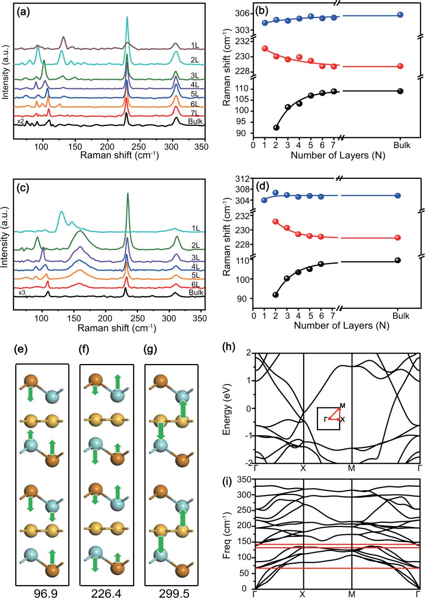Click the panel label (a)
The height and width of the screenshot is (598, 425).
tap(23, 13)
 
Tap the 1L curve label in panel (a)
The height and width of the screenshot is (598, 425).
tap(195, 45)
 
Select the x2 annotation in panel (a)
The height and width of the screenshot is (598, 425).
tap(20, 121)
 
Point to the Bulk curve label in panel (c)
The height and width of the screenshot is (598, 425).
tap(196, 292)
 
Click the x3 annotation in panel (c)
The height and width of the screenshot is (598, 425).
tap(22, 293)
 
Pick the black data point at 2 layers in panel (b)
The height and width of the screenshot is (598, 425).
tap(276, 128)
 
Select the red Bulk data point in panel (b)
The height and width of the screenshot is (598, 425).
tap(400, 66)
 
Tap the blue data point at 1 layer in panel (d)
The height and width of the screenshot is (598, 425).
tap(264, 200)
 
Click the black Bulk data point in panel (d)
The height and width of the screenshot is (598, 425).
tap(397, 260)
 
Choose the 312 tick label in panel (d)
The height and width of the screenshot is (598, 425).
tap(243, 179)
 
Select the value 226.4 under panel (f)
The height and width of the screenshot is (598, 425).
tap(106, 593)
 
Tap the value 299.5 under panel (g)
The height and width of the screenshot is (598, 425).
tap(174, 593)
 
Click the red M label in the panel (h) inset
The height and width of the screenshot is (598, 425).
tap(343, 406)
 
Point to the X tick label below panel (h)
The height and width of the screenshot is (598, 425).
tap(303, 468)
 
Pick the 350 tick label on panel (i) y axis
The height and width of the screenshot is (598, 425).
tap(244, 479)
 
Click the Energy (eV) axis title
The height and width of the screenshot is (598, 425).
tap(227, 410)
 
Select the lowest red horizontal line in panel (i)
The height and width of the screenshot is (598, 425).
tap(338, 568)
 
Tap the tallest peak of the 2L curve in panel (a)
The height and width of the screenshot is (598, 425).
tap(127, 17)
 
